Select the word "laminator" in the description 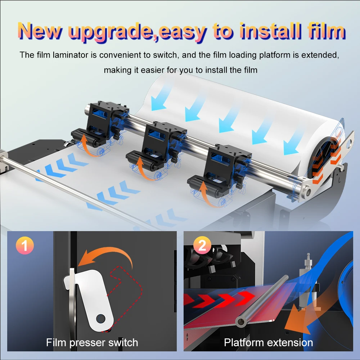(71, 55)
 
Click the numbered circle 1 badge (25, 245)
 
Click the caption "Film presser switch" (92, 343)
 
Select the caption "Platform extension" (269, 343)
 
